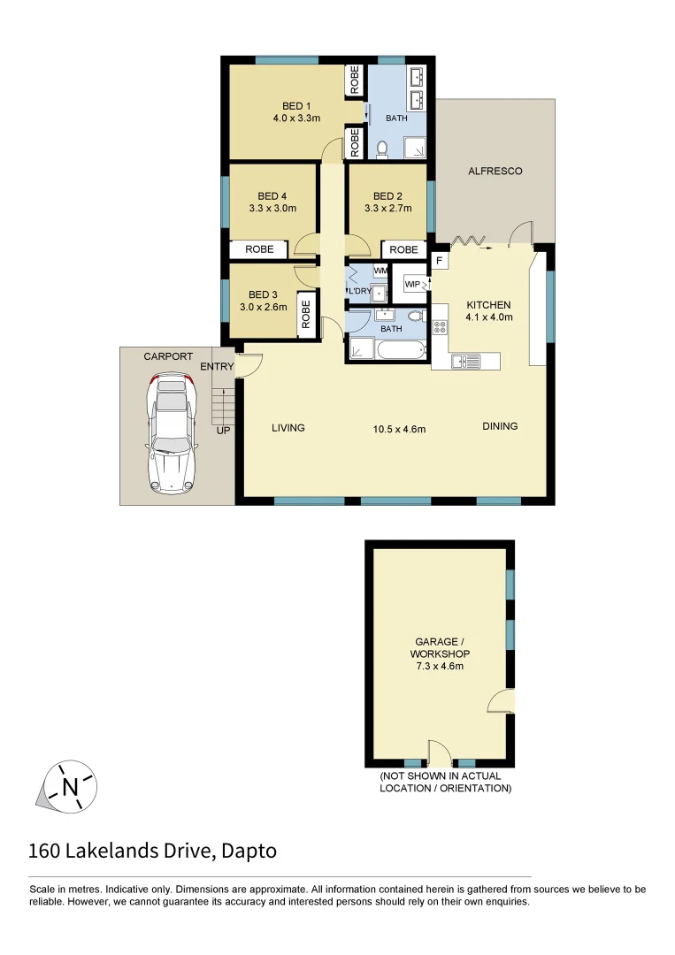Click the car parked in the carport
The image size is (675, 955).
[172, 432]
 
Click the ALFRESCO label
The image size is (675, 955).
[495, 171]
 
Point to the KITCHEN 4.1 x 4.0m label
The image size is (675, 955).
[489, 310]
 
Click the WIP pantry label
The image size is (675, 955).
[411, 284]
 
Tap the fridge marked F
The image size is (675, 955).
[439, 261]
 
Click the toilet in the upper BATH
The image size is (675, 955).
[383, 149]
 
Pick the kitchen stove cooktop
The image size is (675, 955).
[440, 326]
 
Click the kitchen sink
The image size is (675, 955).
[465, 361]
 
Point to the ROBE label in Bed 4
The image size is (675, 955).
[259, 249]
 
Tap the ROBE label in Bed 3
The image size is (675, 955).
[306, 314]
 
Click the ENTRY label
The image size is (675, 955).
[217, 367]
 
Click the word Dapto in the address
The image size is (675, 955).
[249, 852]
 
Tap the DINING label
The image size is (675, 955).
[500, 426]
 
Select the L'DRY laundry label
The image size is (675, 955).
[359, 291]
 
